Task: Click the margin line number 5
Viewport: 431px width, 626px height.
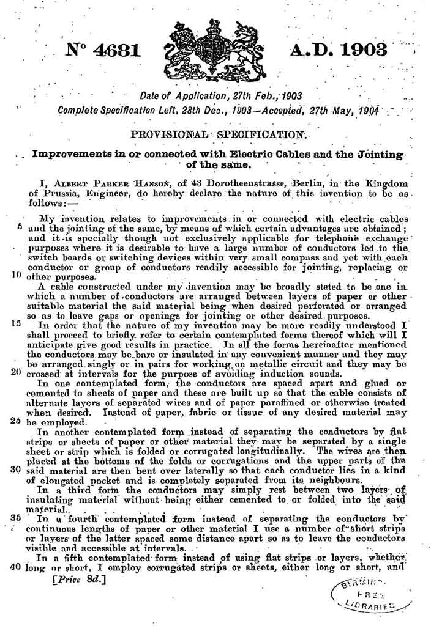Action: pyautogui.click(x=21, y=226)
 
